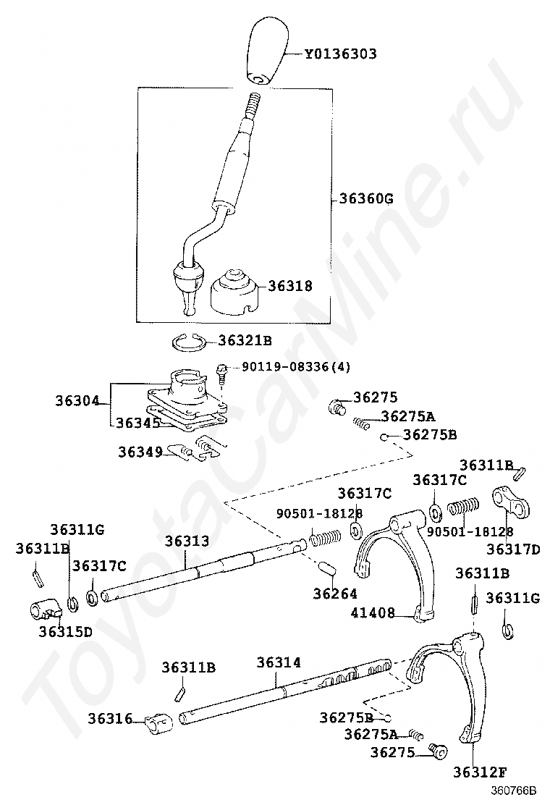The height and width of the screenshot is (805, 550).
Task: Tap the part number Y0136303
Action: [340, 54]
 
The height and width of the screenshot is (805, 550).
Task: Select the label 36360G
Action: [366, 198]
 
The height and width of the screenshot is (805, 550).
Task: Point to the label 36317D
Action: [513, 549]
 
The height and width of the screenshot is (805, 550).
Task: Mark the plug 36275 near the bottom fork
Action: [436, 750]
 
